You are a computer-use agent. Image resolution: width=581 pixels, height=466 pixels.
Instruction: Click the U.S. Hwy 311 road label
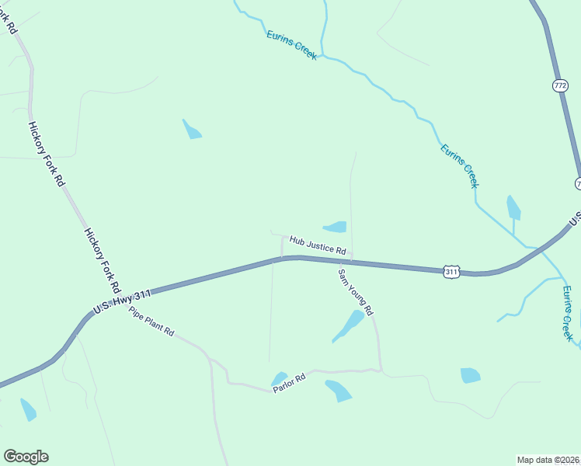tap(122, 301)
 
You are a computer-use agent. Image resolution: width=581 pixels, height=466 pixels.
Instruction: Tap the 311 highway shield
tap(453, 271)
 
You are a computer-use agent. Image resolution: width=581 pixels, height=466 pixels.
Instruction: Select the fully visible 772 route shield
tap(561, 85)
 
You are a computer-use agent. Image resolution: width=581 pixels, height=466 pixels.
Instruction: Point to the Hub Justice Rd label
tap(317, 245)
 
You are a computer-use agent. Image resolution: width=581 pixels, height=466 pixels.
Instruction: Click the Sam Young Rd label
tap(356, 291)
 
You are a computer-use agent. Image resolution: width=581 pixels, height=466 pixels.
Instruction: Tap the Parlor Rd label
tap(290, 383)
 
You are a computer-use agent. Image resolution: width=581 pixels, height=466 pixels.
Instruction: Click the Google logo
tap(26, 457)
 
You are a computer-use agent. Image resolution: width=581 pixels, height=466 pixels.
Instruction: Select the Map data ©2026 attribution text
tap(547, 459)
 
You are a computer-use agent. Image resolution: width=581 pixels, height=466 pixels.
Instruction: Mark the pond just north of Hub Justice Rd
tap(336, 227)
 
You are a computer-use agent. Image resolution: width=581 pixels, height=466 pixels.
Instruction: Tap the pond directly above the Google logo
tap(28, 409)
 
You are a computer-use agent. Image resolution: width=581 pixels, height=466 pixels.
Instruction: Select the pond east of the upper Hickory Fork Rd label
tap(191, 130)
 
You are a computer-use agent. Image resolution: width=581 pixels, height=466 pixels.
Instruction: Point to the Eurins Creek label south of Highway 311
tap(568, 314)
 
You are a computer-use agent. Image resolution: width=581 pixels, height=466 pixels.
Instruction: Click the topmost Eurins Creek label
tap(291, 46)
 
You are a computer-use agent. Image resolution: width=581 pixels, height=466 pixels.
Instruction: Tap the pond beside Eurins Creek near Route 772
tap(513, 207)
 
